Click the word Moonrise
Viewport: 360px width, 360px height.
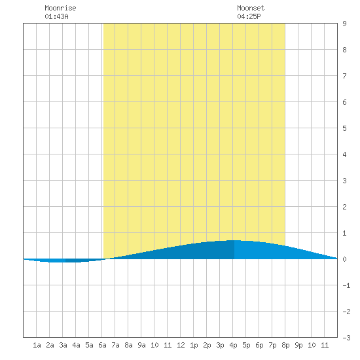pos(60,8)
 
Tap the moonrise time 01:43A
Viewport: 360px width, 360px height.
pos(56,16)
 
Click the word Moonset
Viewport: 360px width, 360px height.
pos(251,8)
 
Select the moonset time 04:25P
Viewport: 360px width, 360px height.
pos(249,16)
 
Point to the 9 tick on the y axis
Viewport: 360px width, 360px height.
pos(344,24)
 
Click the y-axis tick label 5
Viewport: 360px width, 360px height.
pos(344,128)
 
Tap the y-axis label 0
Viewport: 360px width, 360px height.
pos(344,259)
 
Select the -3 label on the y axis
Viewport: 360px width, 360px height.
pos(346,338)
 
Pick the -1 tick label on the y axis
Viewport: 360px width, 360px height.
pos(346,285)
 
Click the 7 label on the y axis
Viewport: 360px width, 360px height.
pos(344,76)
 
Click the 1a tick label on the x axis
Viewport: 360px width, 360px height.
pos(37,345)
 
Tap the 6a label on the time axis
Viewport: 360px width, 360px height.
pos(102,345)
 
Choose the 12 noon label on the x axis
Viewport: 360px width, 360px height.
pos(181,345)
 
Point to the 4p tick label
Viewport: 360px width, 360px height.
pos(233,345)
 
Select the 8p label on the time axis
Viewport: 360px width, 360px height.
pos(285,345)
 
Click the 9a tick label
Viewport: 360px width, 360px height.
pos(141,345)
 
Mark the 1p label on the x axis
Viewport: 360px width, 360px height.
pos(194,345)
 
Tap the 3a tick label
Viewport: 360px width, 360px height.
pos(63,345)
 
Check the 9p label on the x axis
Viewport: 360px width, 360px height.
pos(298,345)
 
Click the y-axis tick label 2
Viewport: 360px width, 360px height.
pos(344,207)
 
